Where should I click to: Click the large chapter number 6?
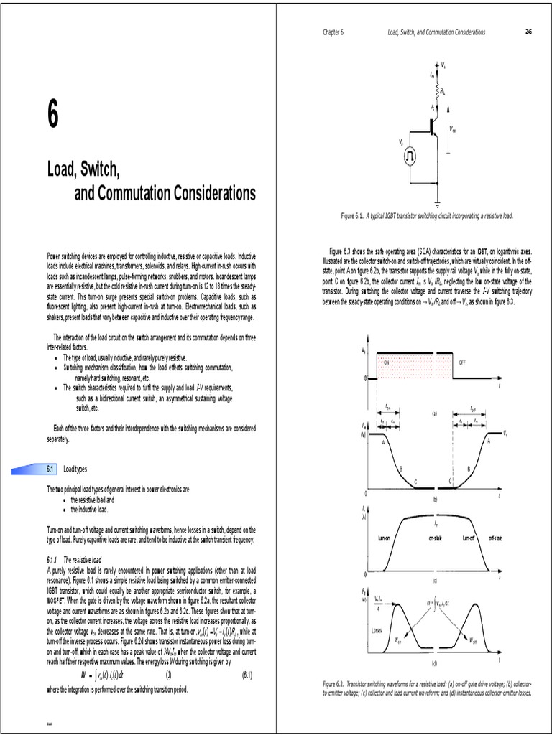click(53, 118)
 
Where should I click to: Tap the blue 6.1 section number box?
click(50, 469)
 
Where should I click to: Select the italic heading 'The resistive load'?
click(83, 558)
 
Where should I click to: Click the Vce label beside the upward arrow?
click(452, 130)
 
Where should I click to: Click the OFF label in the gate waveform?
click(463, 362)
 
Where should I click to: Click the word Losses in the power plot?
click(377, 631)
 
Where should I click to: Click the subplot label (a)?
click(434, 413)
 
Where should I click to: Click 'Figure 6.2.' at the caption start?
click(336, 685)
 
